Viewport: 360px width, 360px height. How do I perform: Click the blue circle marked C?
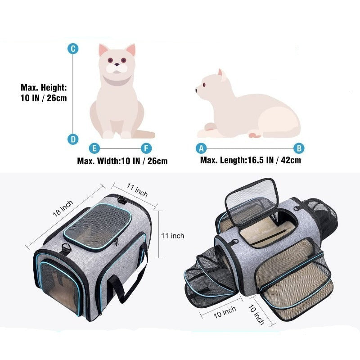click(x=73, y=49)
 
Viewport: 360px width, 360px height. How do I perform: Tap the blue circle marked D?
click(x=73, y=139)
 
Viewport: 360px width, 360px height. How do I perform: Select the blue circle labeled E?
click(x=94, y=148)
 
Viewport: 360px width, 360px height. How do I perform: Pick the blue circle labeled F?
click(x=146, y=148)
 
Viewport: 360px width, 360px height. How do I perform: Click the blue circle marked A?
click(x=201, y=148)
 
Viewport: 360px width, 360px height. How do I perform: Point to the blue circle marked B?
click(x=299, y=148)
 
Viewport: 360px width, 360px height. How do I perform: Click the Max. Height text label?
click(x=44, y=93)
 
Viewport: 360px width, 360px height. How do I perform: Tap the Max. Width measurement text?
click(x=122, y=161)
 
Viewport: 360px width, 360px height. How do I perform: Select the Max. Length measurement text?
click(x=251, y=160)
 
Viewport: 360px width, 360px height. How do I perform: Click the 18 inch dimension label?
click(x=63, y=208)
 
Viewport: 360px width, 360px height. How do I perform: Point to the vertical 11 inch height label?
click(x=173, y=236)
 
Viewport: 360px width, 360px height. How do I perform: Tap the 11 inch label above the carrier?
click(x=137, y=190)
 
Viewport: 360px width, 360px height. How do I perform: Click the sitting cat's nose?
click(x=117, y=65)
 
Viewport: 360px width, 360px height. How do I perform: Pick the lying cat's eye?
click(x=204, y=85)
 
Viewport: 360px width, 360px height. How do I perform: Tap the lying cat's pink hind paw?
click(x=254, y=135)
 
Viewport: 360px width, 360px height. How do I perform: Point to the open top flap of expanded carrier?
click(x=252, y=201)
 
